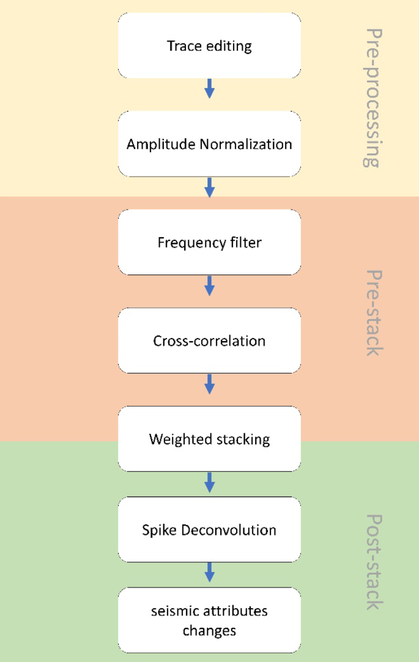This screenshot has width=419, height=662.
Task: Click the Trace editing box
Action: pos(209,46)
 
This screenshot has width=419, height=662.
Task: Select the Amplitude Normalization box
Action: pos(209,144)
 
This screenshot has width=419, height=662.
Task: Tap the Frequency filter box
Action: pos(209,243)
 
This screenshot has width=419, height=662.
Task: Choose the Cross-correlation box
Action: pos(209,340)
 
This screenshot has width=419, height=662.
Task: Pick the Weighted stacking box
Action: pos(209,439)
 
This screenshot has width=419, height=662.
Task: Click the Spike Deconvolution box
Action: pos(209,529)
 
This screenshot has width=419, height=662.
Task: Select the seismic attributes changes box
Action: pos(209,620)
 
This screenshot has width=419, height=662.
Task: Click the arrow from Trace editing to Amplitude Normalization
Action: pos(209,89)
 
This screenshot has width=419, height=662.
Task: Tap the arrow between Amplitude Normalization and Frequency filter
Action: pos(209,188)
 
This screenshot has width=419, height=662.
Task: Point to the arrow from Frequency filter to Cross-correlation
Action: pos(209,286)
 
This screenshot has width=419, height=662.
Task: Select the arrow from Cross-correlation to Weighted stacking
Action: pos(209,384)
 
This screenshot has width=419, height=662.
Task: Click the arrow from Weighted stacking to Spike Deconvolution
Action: pos(209,482)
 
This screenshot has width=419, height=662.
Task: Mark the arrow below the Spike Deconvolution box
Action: pos(209,573)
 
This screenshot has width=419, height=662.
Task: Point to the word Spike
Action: pos(160,530)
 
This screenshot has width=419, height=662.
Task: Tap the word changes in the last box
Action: pos(209,630)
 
